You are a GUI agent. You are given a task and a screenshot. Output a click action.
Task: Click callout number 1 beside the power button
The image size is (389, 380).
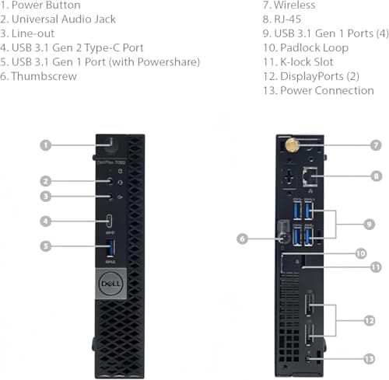pos(46,145)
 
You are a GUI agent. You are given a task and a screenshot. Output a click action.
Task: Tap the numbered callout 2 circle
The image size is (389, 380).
pos(46,181)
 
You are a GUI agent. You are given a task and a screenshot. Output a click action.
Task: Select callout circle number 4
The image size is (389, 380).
pos(46,221)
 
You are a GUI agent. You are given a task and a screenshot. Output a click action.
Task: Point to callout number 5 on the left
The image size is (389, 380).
pos(46,247)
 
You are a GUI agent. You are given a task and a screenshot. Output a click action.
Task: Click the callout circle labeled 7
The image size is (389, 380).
pos(376,145)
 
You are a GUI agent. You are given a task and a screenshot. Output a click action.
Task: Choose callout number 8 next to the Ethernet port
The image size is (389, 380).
pos(376,176)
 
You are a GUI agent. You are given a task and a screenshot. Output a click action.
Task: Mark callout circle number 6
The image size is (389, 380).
pos(243,239)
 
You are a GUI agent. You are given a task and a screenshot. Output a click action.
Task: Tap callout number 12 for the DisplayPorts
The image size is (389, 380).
pos(370,320)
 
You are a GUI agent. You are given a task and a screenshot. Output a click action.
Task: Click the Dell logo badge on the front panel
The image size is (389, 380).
pos(111,283)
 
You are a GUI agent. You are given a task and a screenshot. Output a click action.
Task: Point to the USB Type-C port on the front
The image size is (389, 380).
pos(110,221)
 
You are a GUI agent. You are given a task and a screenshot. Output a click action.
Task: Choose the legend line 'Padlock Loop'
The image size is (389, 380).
pos(314,48)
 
